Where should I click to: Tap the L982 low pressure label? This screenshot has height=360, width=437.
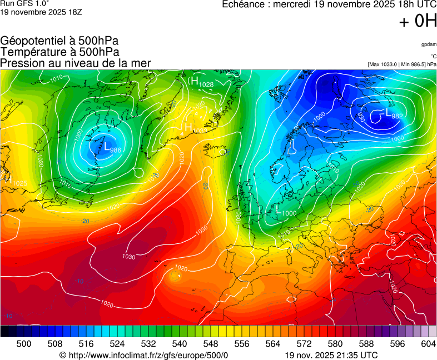(394, 114)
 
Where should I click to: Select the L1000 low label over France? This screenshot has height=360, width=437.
(286, 212)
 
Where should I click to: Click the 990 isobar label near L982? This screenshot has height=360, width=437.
(361, 117)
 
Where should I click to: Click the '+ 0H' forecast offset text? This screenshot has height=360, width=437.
(418, 22)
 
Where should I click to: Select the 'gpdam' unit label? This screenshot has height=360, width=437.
(428, 44)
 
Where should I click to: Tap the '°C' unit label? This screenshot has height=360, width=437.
(433, 56)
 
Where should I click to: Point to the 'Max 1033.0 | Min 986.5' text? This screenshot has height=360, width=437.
(402, 64)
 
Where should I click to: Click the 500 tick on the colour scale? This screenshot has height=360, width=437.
(24, 344)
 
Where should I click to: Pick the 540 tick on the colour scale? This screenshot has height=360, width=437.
(180, 344)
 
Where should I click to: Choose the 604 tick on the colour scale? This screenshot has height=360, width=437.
(428, 344)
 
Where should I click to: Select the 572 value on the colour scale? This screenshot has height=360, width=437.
(304, 344)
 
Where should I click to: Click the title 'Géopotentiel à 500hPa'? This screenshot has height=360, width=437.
(59, 41)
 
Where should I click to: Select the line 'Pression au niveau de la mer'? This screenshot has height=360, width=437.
(76, 63)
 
